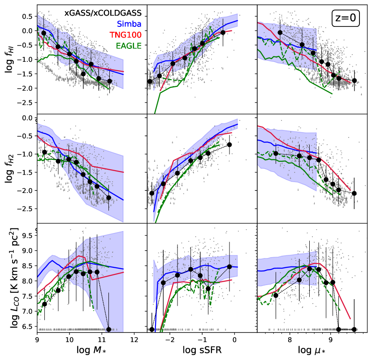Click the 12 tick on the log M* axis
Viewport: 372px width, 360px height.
click(134, 339)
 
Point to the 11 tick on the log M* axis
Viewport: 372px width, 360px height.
click(101, 339)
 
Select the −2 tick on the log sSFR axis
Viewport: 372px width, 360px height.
click(169, 339)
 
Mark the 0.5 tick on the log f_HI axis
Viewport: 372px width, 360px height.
click(28, 17)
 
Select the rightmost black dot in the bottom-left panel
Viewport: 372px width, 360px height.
click(108, 330)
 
